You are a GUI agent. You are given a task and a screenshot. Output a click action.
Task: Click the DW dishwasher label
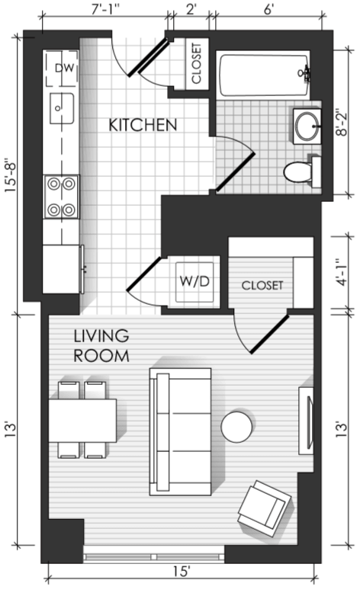tap(63, 68)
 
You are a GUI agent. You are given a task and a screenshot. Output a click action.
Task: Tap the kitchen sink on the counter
tap(61, 108)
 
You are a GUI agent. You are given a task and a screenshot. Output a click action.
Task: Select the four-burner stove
tap(61, 197)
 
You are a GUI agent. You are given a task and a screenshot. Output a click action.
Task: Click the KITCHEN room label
tap(143, 125)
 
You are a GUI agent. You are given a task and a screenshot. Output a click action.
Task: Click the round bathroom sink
tap(307, 126)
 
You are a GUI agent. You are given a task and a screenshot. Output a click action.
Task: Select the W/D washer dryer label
tap(194, 282)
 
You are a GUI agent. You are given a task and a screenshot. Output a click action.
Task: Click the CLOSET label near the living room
tap(262, 286)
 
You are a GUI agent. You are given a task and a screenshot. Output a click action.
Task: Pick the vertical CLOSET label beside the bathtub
tap(196, 63)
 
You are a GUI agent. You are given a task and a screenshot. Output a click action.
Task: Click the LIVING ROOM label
tap(101, 346)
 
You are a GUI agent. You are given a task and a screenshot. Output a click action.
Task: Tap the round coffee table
tap(236, 427)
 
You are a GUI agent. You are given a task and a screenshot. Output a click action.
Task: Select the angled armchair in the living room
tap(265, 508)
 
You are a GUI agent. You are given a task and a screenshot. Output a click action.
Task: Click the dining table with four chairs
tap(82, 420)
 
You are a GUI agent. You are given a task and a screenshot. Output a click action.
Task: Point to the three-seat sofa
tap(180, 431)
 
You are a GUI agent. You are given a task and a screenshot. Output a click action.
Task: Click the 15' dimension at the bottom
tap(182, 572)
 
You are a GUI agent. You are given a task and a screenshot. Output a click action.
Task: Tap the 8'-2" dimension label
tap(342, 123)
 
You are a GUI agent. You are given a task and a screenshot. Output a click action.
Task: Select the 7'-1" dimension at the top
tap(105, 10)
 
